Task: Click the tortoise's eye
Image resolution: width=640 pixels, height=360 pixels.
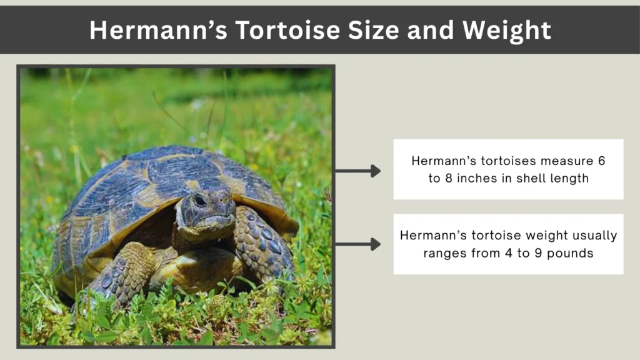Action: click(199, 201)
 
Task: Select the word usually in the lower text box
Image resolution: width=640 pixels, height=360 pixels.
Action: click(593, 236)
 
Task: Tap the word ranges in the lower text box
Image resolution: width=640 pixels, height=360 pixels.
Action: click(444, 253)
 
